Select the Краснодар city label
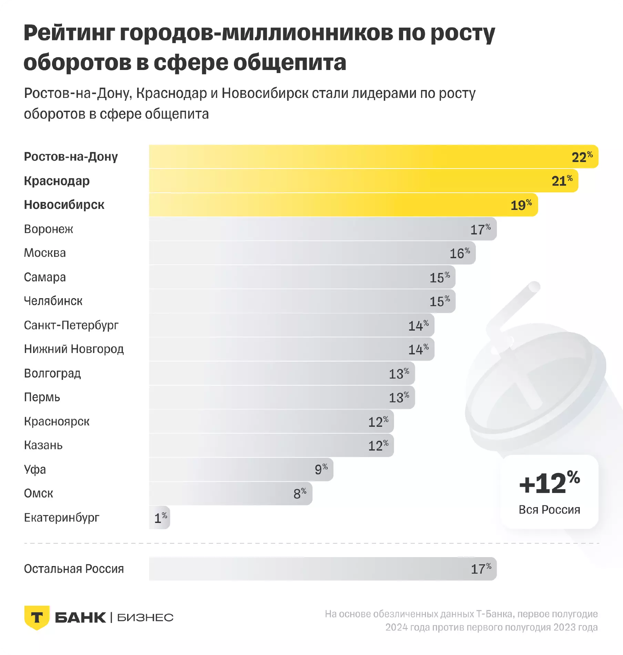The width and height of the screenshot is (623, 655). tap(57, 181)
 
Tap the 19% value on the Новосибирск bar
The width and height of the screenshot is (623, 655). tap(521, 205)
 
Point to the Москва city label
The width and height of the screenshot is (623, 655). tap(45, 253)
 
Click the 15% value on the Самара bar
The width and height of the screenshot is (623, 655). tap(439, 278)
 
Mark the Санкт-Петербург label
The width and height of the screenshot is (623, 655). tap(71, 325)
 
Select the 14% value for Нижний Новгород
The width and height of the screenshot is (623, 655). tap(418, 350)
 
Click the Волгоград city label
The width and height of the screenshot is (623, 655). tap(52, 373)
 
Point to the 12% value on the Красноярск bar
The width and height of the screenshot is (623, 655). tap(378, 422)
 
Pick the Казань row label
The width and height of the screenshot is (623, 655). tap(43, 445)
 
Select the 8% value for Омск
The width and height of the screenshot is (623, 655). tap(300, 493)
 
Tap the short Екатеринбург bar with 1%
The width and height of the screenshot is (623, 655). tap(160, 517)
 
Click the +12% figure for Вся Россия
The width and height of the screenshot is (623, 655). tap(549, 483)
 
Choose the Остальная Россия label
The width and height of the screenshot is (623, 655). tap(74, 569)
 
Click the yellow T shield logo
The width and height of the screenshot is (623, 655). tap(37, 617)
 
